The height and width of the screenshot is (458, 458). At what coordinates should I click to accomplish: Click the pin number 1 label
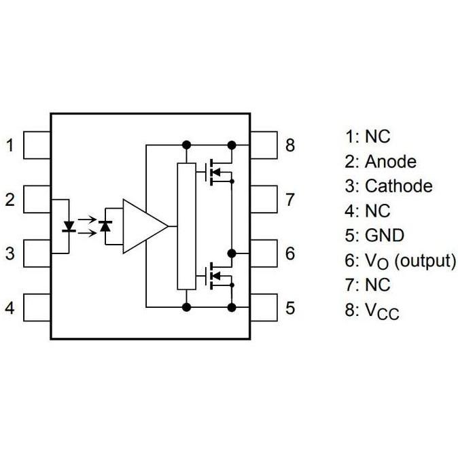tap(10, 145)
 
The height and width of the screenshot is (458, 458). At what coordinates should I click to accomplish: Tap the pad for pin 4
tap(37, 307)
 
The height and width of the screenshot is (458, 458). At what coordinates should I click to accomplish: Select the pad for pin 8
tap(264, 145)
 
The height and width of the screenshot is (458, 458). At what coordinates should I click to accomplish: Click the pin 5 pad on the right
tap(264, 307)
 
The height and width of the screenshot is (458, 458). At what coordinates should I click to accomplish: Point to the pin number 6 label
tap(290, 253)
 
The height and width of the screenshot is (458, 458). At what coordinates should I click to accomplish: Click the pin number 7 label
tap(290, 199)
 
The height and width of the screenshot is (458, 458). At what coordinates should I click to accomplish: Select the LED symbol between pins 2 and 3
tap(68, 226)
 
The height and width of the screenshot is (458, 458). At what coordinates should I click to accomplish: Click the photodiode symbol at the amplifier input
tap(105, 226)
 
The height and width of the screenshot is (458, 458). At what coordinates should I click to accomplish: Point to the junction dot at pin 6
tap(232, 253)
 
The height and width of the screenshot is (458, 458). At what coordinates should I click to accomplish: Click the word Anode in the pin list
tap(390, 162)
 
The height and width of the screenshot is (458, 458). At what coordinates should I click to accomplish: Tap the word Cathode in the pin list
tap(398, 186)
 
